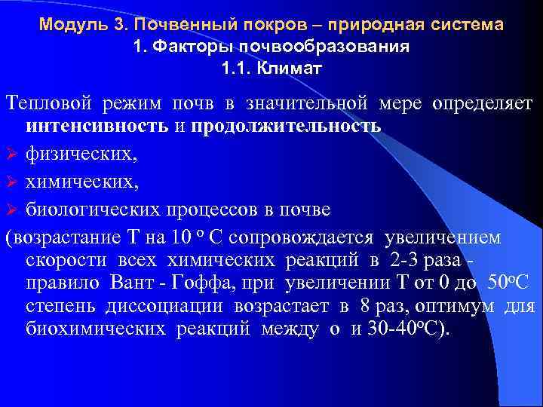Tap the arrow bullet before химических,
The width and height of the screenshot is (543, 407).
pyautogui.click(x=12, y=182)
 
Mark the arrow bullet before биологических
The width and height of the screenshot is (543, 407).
pyautogui.click(x=12, y=209)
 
